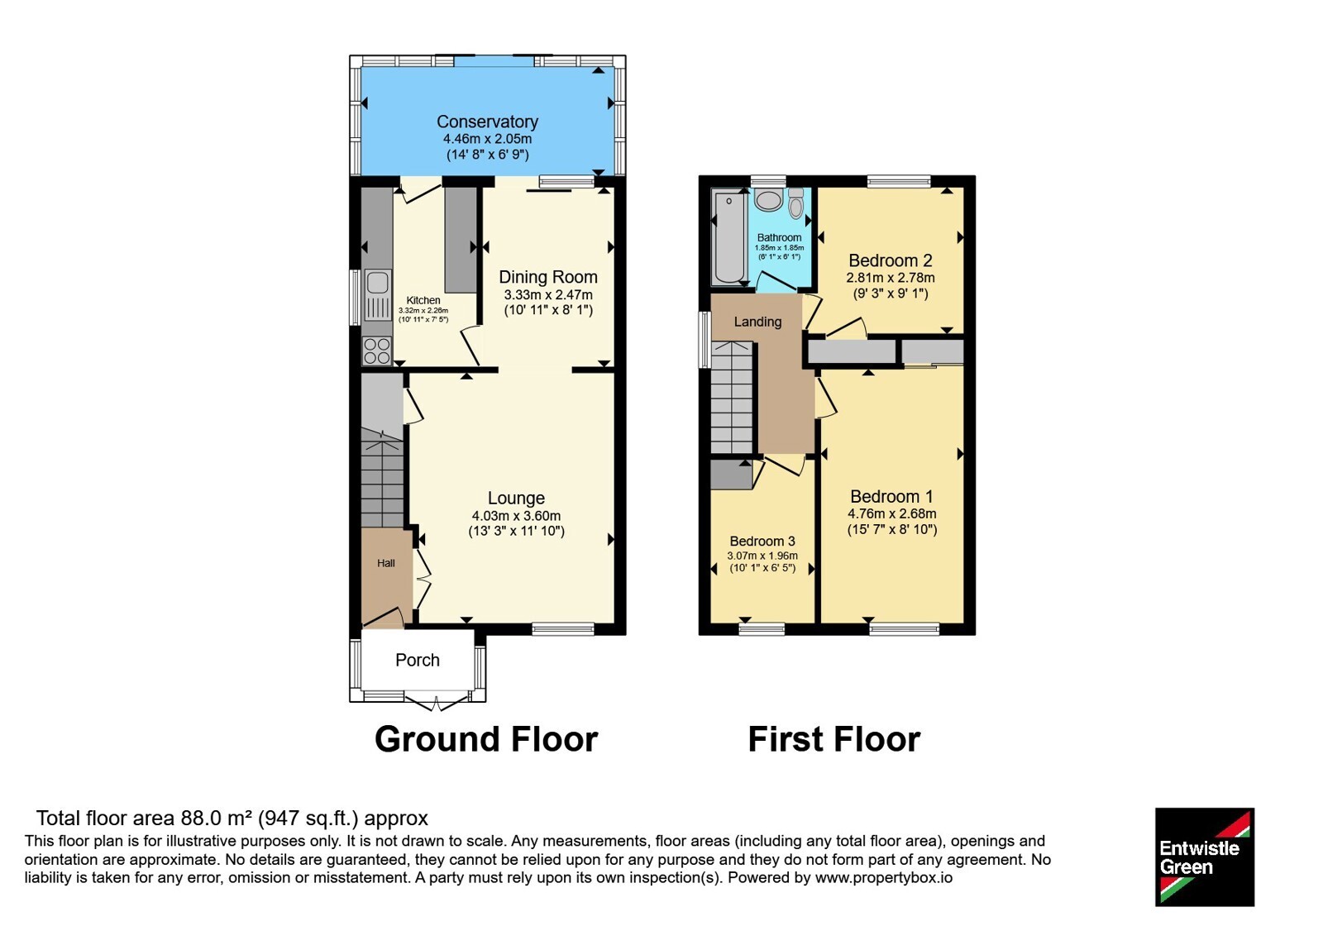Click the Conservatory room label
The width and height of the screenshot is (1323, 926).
[x=487, y=122]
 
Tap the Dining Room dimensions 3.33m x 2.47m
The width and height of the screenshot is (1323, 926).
[x=548, y=294]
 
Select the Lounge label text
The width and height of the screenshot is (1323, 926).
[x=516, y=498]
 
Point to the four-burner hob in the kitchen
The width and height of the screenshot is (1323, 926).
[x=377, y=351]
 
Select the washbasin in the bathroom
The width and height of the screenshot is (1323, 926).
[x=768, y=200]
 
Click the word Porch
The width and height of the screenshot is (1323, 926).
[x=418, y=661]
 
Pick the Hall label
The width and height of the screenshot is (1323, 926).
[x=385, y=563]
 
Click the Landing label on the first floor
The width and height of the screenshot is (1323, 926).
[x=757, y=322]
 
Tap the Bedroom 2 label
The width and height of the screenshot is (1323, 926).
[x=890, y=260]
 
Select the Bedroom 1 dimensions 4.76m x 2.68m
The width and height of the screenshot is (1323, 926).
[x=892, y=513]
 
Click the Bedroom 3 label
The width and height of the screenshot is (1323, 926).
[x=762, y=541]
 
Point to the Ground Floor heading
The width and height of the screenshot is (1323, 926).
[x=486, y=739]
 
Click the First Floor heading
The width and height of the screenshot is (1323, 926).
[x=834, y=739]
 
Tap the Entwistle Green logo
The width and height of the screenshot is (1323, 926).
[x=1204, y=857]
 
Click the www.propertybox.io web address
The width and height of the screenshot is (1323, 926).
[x=884, y=877]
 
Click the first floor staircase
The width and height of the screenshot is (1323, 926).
[x=732, y=397]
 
